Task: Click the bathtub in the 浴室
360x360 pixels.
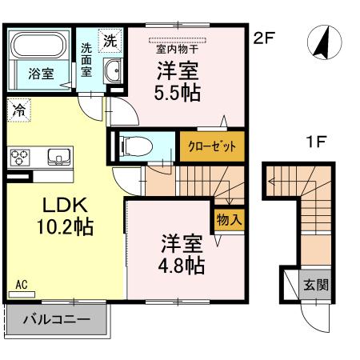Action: [x=39, y=45]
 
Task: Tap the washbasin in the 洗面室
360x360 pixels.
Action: [x=113, y=70]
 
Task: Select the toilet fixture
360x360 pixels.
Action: [x=136, y=146]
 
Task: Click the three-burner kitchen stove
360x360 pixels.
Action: [x=20, y=158]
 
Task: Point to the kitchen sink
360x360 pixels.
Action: [x=59, y=157]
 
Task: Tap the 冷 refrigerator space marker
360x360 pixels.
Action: [x=19, y=110]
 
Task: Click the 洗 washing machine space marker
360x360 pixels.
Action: [x=110, y=41]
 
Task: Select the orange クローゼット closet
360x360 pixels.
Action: [x=212, y=146]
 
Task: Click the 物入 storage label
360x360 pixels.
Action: [x=229, y=220]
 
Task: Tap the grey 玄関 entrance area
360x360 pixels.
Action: [x=315, y=284]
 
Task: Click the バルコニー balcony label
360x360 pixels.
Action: [x=57, y=319]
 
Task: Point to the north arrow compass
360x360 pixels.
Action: [x=324, y=42]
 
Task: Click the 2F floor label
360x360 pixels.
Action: [x=264, y=38]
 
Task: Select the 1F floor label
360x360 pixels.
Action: [x=317, y=142]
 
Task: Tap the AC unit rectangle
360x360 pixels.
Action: [x=22, y=294]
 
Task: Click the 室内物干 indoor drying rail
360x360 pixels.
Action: [x=178, y=40]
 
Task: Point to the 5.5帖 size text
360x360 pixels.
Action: [x=178, y=93]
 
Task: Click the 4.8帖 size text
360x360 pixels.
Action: [x=182, y=266]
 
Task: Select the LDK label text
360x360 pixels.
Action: [x=66, y=206]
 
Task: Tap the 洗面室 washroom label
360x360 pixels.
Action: [x=86, y=60]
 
